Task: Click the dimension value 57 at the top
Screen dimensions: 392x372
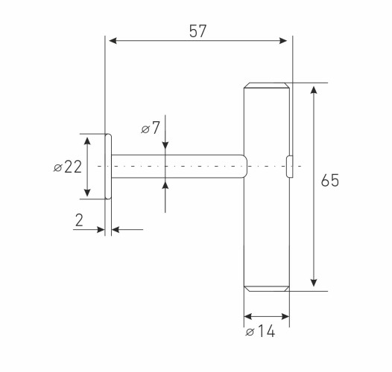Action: point(197,31)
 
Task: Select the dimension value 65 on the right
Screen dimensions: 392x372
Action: point(330,180)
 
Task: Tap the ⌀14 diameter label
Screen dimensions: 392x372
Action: point(260,332)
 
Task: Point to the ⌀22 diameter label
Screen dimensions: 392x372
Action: point(68,167)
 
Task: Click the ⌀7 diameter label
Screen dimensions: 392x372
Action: point(151,128)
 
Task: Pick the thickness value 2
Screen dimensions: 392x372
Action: point(79,220)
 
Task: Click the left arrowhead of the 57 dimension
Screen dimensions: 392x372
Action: point(113,40)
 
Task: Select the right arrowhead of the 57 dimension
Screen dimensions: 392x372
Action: point(283,40)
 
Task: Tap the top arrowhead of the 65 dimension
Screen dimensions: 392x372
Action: point(314,90)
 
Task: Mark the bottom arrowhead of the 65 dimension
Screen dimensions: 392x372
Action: point(314,283)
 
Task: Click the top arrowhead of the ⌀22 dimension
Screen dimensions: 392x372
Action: point(87,141)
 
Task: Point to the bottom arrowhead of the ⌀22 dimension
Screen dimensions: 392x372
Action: point(87,193)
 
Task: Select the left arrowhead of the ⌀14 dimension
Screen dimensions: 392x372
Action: point(247,317)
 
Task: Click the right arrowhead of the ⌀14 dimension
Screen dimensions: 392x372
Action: point(285,317)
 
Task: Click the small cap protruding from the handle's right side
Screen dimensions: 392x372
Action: point(289,167)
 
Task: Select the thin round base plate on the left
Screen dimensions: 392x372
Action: point(108,167)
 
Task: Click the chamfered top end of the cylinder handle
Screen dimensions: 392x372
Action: point(267,86)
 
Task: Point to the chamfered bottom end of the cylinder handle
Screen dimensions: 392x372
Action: point(267,289)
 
